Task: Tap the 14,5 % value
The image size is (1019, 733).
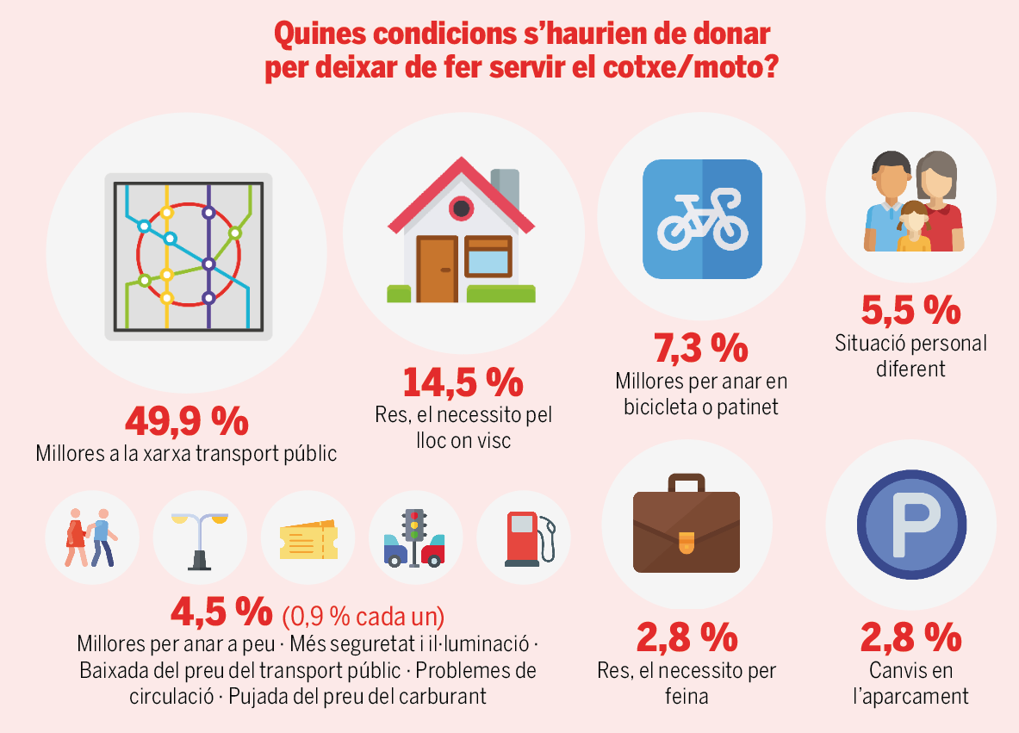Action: coord(463,382)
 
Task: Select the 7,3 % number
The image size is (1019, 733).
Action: coord(700,347)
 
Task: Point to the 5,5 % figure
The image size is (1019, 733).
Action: coord(910,309)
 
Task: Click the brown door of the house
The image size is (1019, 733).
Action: coord(437,268)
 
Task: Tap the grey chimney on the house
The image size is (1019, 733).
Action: coord(505,190)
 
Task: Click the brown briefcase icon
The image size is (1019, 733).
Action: coord(686,531)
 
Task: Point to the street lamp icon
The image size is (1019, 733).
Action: coord(200,539)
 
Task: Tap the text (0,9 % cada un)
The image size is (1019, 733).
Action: coord(363,617)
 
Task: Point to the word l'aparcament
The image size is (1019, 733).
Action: coord(910,696)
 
